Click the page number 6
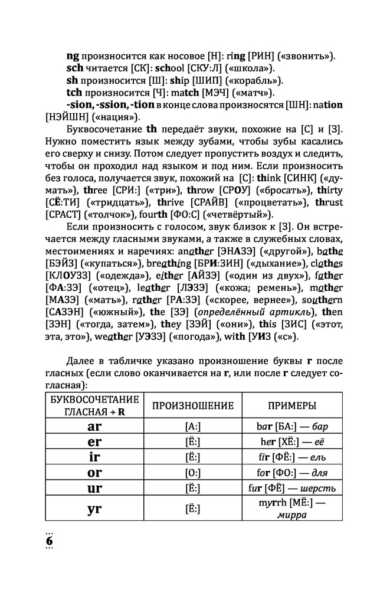point(50,540)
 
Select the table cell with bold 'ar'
point(94,426)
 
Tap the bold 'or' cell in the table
point(94,472)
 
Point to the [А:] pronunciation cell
point(193,426)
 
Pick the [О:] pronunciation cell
point(193,473)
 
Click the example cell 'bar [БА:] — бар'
point(291,426)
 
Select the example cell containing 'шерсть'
point(291,488)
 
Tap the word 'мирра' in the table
point(291,514)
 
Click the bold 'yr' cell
point(94,509)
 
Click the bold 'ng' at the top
point(73,56)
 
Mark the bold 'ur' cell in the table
point(94,488)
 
